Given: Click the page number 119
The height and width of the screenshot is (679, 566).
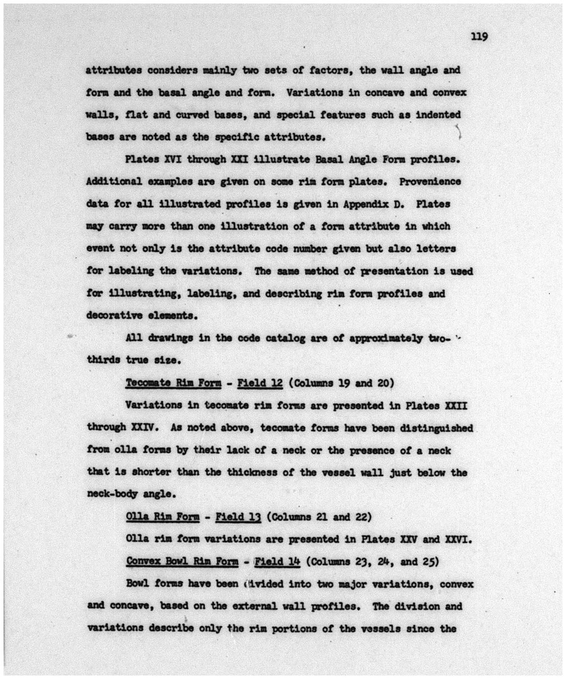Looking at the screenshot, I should [x=479, y=37].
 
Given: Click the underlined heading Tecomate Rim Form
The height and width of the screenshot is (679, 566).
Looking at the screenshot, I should [x=173, y=383].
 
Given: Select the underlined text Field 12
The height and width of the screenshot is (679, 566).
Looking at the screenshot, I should [x=260, y=383].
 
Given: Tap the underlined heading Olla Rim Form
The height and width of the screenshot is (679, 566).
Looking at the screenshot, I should [x=163, y=517].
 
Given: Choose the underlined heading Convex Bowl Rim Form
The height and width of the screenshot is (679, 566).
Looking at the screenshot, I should [x=182, y=561].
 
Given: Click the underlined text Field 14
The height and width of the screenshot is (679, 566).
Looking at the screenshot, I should [x=277, y=561].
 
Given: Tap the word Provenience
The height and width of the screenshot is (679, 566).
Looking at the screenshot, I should [x=430, y=182].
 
